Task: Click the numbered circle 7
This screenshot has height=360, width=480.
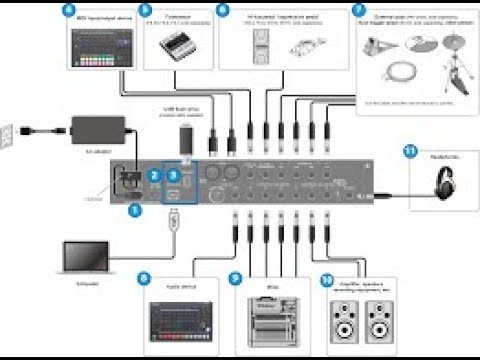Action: click(x=358, y=12)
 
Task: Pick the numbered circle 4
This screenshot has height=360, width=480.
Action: click(x=68, y=12)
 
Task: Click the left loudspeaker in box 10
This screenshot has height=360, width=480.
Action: click(x=342, y=322)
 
